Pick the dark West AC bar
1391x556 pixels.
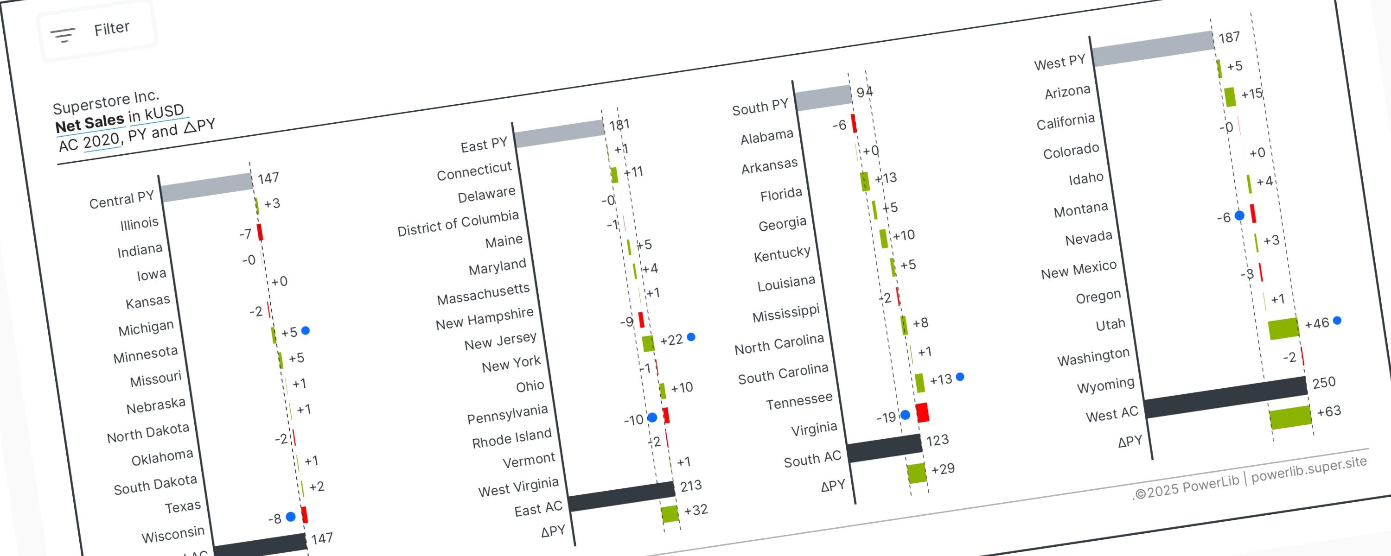1225,397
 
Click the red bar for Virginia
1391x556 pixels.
922,412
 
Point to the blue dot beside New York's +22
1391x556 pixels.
691,337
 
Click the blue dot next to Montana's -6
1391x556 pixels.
1240,215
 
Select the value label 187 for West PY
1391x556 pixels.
1229,37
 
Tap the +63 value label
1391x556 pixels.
1329,411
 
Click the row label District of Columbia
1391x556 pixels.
458,223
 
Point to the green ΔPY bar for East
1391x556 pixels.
670,513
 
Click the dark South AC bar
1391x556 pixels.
885,448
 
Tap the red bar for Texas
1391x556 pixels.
305,514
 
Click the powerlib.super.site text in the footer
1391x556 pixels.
1309,468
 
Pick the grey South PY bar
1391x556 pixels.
823,98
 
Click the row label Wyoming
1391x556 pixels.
1105,385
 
